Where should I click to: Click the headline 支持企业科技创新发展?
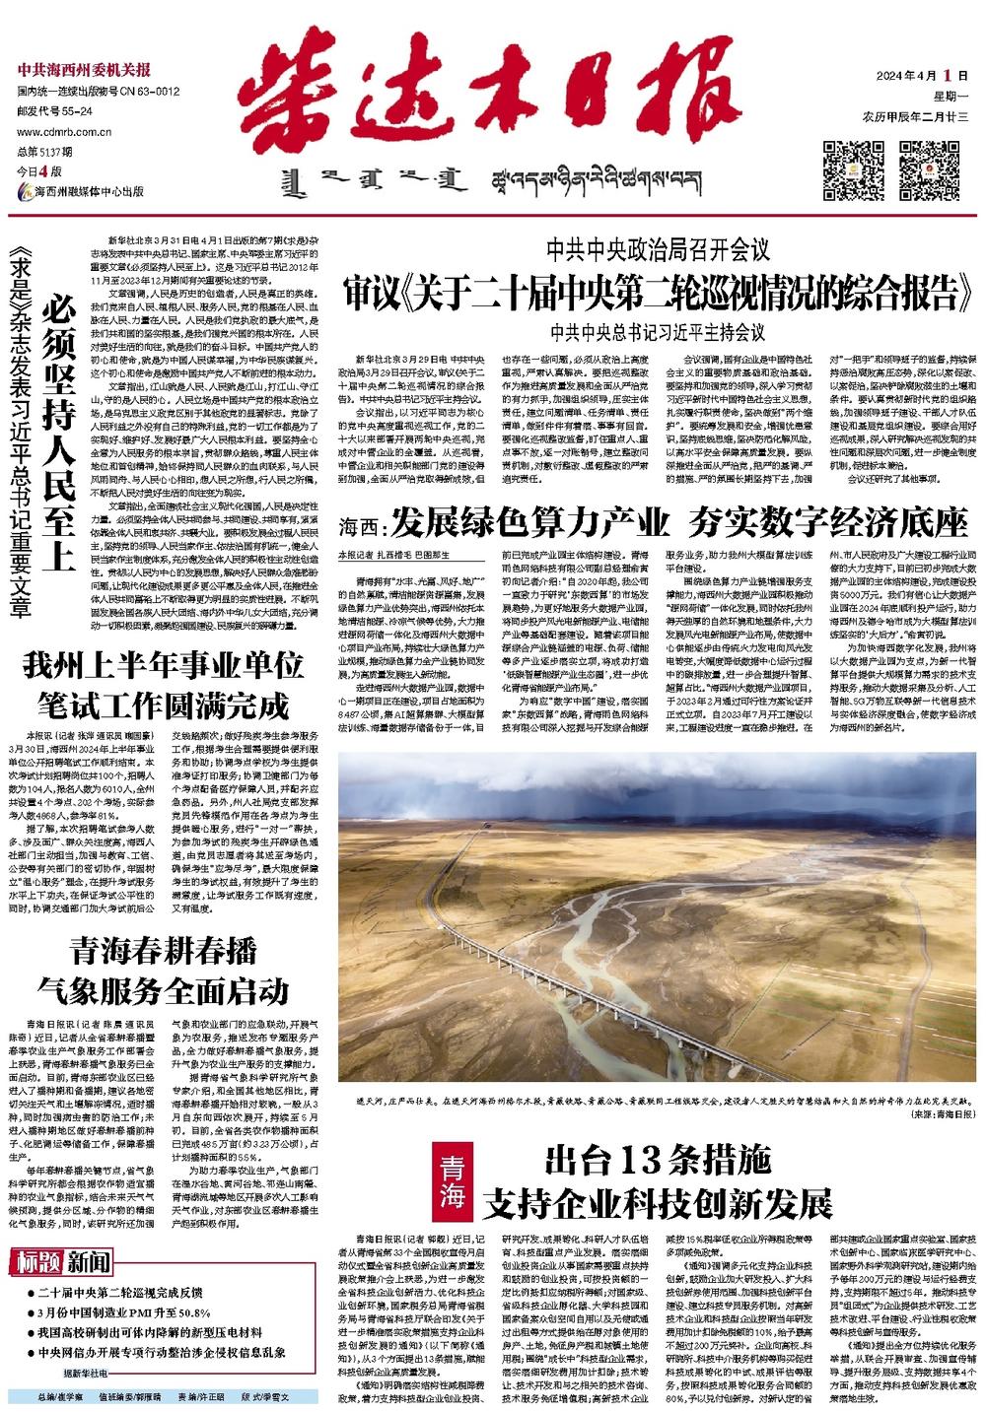click(x=658, y=1202)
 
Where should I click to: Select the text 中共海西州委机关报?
click(x=83, y=69)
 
